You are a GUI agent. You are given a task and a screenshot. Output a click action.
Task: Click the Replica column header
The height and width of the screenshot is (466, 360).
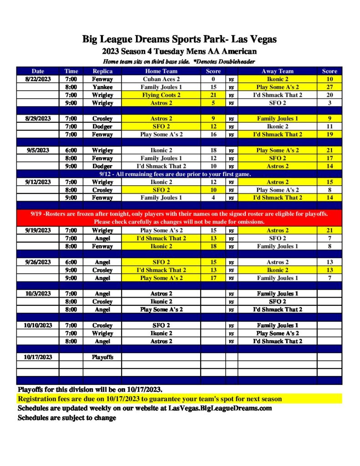tap(102, 71)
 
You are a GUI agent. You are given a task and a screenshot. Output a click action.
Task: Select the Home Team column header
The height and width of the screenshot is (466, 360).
tap(161, 71)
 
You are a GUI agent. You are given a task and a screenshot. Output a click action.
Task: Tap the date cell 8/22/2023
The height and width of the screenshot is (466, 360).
tap(38, 79)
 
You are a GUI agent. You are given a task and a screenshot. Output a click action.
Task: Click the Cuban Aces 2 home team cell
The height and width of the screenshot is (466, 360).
tap(161, 79)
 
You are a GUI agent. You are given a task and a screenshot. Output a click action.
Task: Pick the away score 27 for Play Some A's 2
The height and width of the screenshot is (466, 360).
tap(330, 87)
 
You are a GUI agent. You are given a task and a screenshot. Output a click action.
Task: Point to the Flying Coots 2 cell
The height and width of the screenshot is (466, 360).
tap(161, 95)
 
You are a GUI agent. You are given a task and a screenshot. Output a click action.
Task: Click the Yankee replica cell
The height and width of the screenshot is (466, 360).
tap(102, 87)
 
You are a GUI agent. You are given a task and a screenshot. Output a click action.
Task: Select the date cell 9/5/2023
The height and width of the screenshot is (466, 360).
tap(38, 150)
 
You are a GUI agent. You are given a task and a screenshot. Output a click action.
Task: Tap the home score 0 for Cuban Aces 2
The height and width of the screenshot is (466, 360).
tap(213, 79)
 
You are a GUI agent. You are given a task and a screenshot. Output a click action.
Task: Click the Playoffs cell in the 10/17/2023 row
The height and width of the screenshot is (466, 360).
tap(102, 357)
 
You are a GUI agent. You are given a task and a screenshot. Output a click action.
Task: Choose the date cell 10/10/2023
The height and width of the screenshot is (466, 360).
tap(38, 325)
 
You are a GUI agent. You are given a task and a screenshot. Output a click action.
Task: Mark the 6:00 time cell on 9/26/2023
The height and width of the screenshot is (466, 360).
tap(71, 262)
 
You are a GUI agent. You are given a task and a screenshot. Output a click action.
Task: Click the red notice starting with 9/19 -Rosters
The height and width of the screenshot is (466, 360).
tap(179, 218)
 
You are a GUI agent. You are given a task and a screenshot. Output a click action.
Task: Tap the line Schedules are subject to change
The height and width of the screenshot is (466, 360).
tap(67, 418)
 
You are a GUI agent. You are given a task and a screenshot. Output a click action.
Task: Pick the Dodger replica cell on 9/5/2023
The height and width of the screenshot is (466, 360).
tap(102, 166)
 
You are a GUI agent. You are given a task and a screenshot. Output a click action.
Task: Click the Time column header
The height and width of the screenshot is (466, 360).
tap(71, 71)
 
